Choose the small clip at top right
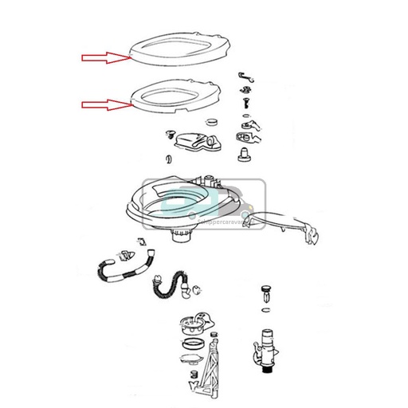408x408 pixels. [246, 76]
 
